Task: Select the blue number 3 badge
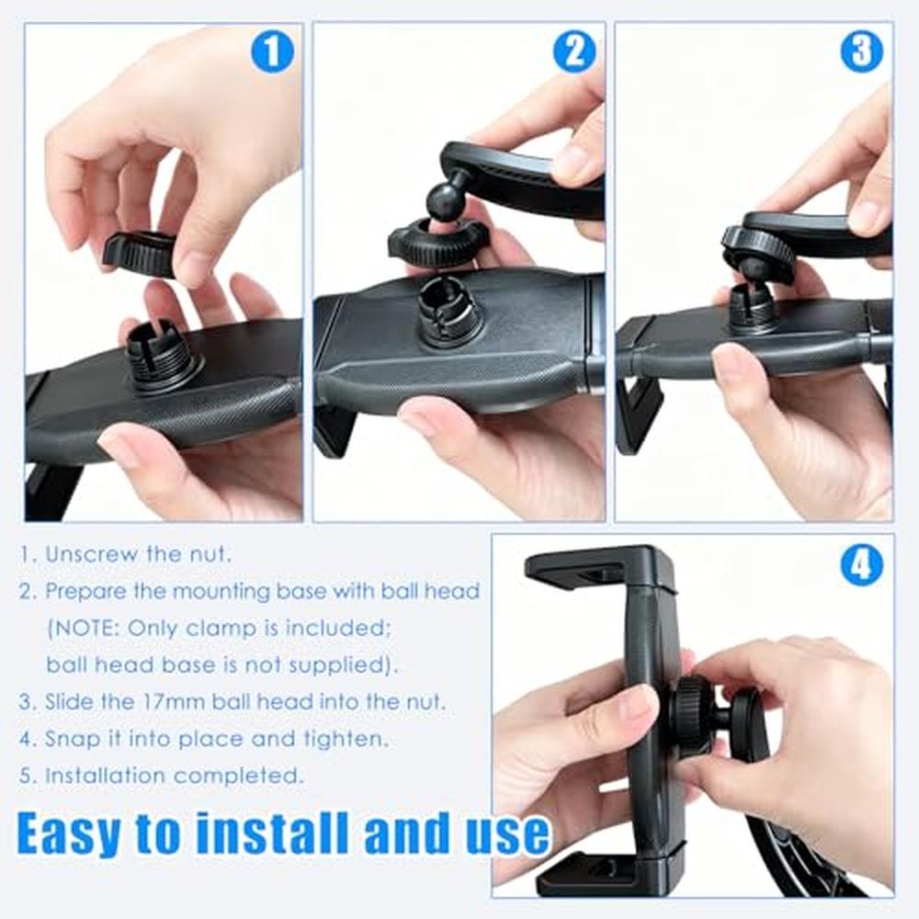[x=862, y=51]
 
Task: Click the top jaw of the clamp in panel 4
[x=599, y=566]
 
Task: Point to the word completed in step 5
[x=239, y=776]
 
